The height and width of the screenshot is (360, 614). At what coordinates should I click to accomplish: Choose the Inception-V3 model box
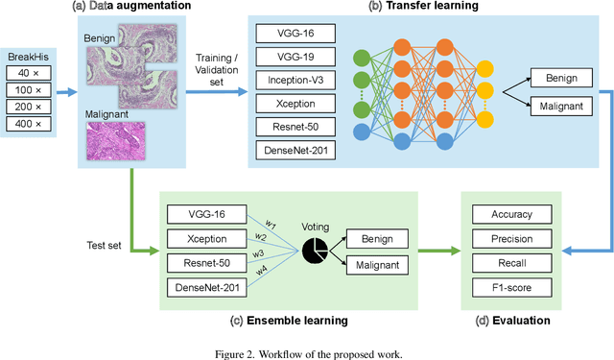pos(295,80)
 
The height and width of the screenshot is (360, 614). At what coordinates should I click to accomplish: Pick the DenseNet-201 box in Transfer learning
pos(295,149)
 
